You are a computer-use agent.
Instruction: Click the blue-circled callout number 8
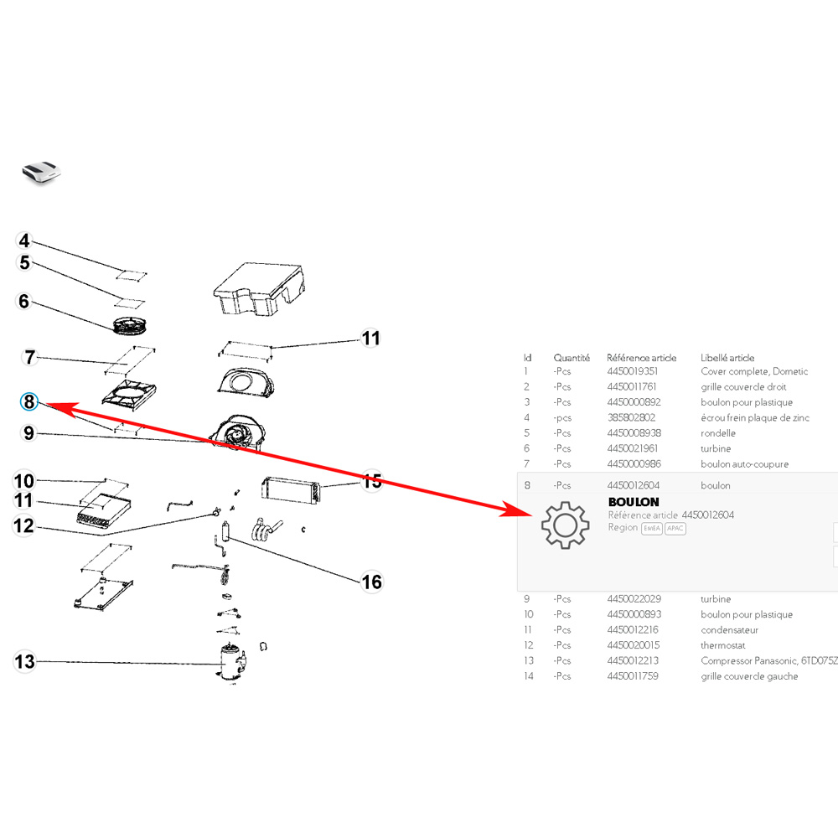tap(30, 402)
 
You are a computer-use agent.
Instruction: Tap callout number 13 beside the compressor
tap(25, 662)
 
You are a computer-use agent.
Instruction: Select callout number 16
tap(371, 582)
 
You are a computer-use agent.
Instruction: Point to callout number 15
tap(371, 481)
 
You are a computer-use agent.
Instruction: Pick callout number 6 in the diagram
tap(23, 301)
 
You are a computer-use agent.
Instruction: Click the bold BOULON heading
tap(634, 501)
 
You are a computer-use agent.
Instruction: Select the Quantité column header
tap(572, 358)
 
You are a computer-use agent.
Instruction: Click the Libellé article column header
tap(727, 358)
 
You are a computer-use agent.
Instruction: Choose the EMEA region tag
tap(651, 529)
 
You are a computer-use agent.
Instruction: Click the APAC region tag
tap(675, 529)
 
